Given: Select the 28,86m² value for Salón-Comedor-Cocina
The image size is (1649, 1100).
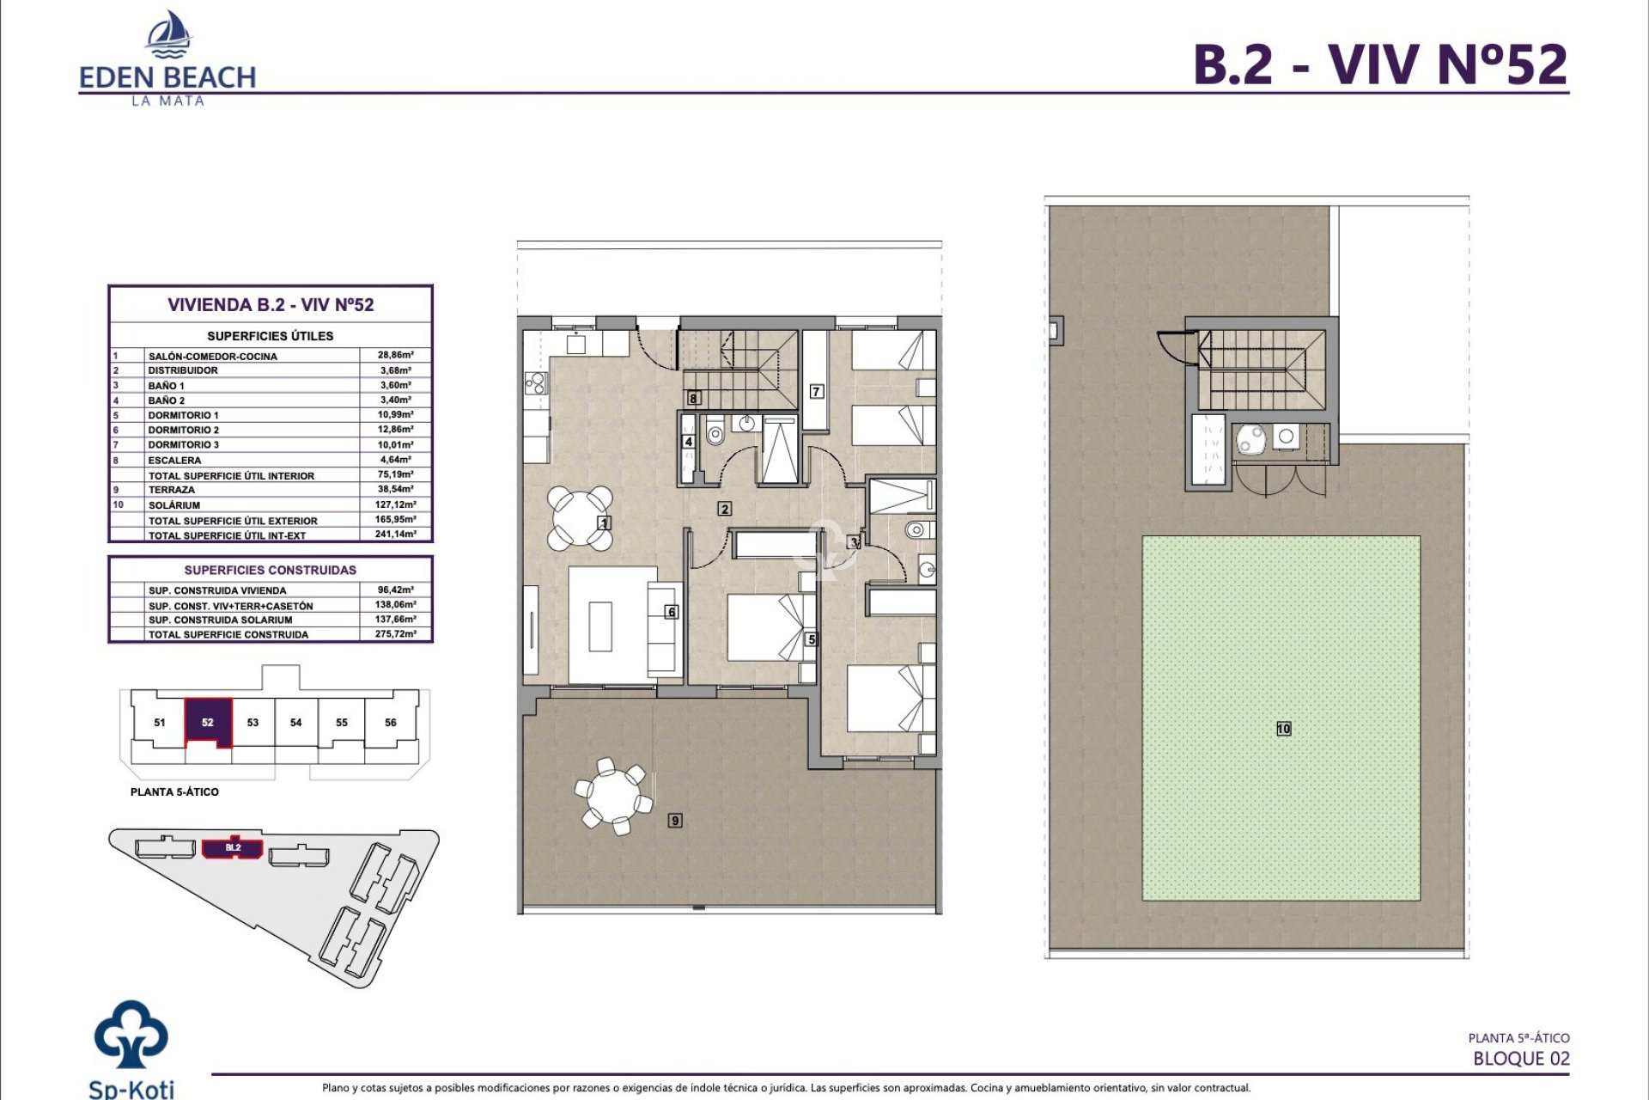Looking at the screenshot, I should pyautogui.click(x=395, y=355).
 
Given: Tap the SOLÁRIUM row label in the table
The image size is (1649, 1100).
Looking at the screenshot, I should pyautogui.click(x=174, y=505).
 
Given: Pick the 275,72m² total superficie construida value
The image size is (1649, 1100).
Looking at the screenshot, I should pyautogui.click(x=395, y=634).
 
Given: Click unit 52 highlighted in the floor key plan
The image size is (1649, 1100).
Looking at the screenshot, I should pyautogui.click(x=208, y=722).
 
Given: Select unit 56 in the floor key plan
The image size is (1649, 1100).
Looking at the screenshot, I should pyautogui.click(x=390, y=722).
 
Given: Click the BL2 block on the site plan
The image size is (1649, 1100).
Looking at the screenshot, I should pyautogui.click(x=233, y=847).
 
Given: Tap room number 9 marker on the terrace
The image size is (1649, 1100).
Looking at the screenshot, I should pyautogui.click(x=675, y=821).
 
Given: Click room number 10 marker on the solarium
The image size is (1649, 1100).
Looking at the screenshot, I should pyautogui.click(x=1283, y=729).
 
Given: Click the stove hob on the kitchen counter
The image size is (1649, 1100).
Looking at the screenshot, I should pyautogui.click(x=536, y=382).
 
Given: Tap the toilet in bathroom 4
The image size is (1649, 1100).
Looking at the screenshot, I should pyautogui.click(x=715, y=432).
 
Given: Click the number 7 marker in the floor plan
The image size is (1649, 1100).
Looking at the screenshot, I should pyautogui.click(x=817, y=392).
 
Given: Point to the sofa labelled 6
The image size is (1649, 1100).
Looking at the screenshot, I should pyautogui.click(x=661, y=627).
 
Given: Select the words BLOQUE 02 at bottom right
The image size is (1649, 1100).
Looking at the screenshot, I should pyautogui.click(x=1520, y=1059).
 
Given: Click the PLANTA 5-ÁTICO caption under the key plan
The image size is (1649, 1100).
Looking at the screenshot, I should pyautogui.click(x=174, y=792).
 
